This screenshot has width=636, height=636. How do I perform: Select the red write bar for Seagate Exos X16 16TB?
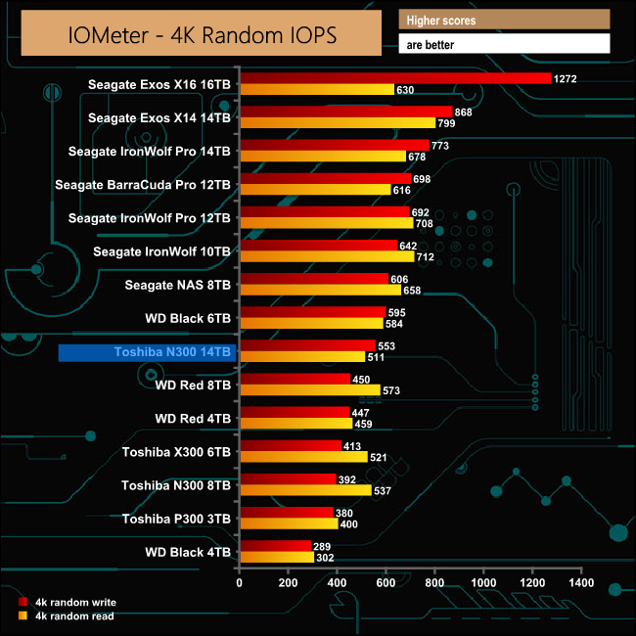[x=394, y=78]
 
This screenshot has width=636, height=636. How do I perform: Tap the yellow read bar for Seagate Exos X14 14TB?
[x=338, y=123]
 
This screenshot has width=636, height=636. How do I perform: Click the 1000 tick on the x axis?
[x=483, y=583]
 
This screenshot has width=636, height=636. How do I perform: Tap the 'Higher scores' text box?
[x=504, y=21]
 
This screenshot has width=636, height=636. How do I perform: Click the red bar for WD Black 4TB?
[x=275, y=546]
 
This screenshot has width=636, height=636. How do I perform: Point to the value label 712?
[x=427, y=257]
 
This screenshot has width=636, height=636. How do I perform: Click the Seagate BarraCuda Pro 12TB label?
[x=143, y=184]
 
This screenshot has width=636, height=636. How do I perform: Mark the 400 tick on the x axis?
[x=338, y=583]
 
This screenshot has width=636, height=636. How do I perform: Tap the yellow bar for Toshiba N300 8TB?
[x=305, y=490]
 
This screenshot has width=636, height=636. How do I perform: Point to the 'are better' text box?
[x=504, y=44]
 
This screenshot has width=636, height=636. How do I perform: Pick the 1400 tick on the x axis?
[x=581, y=583]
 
